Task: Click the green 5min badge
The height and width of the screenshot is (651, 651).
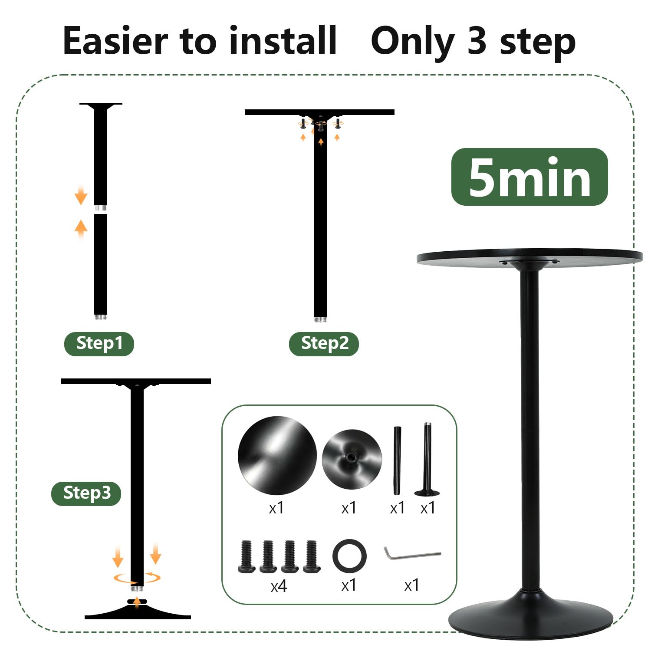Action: click(x=529, y=177)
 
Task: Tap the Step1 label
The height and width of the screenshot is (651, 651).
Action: click(x=99, y=344)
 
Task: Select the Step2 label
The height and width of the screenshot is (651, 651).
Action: click(x=324, y=344)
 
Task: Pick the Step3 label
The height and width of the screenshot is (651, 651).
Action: click(x=86, y=493)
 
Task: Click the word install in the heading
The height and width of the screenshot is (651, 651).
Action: click(x=283, y=41)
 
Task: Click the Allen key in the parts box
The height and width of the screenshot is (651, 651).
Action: click(x=412, y=553)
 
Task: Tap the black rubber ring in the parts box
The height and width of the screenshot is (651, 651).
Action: click(x=334, y=556)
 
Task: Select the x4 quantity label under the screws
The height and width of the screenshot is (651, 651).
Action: click(x=279, y=587)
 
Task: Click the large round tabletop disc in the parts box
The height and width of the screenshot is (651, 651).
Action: click(x=277, y=455)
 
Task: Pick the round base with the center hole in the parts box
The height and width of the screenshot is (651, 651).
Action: click(x=352, y=459)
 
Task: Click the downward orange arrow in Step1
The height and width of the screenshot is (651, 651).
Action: click(x=81, y=194)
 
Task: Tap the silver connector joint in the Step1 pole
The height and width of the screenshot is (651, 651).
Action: click(x=101, y=208)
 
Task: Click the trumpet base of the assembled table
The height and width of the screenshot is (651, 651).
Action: click(x=530, y=616)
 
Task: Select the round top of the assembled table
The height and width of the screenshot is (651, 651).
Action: click(x=529, y=259)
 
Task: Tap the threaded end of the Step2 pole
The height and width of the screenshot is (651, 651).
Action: click(x=321, y=320)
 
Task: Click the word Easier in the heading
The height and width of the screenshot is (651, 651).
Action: click(x=115, y=41)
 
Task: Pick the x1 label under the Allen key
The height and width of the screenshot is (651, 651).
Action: click(x=412, y=585)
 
